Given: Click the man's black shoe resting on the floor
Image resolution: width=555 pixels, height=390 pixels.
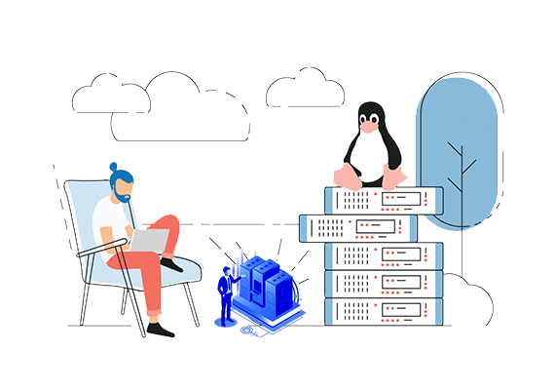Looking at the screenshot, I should click(162, 331).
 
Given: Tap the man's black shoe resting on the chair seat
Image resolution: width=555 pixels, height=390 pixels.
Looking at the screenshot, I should click(172, 263).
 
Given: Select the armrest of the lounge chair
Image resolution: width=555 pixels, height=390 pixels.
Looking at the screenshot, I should click(97, 255).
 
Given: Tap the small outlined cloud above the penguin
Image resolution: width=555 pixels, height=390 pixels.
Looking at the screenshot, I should click(304, 90).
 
